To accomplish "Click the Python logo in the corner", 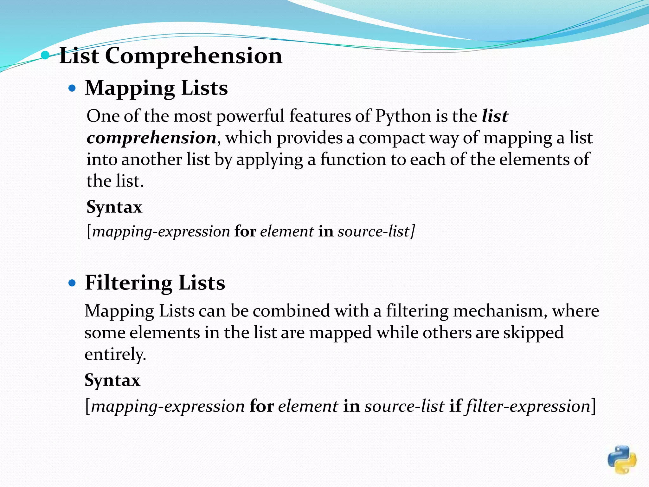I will point(622,459).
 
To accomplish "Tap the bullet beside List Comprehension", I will point(46,55).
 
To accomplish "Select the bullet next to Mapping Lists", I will point(72,88).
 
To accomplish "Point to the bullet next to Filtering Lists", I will point(72,282).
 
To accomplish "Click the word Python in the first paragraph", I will point(403,116).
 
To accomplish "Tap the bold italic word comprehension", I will point(151,138).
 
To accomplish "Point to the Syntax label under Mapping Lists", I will point(114,207).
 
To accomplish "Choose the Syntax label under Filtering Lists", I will point(112,380).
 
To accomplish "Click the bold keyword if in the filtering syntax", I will point(455,406).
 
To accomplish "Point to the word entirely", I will point(115,354).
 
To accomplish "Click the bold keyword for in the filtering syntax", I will point(261,406).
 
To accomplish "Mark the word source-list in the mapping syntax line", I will point(374,231).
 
